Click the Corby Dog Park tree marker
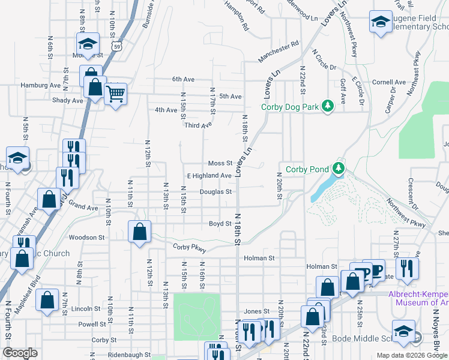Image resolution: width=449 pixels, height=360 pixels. (327, 107)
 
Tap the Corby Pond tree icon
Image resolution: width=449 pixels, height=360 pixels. (339, 169)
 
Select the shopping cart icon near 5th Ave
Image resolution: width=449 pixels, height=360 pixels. (115, 93)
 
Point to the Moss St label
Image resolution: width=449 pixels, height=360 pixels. (220, 163)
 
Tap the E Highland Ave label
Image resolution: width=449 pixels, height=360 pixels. (209, 176)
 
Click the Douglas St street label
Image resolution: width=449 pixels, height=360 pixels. (216, 192)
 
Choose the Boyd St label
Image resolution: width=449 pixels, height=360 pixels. (220, 224)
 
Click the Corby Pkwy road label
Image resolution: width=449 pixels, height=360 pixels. (190, 248)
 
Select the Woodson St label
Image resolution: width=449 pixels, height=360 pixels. (87, 238)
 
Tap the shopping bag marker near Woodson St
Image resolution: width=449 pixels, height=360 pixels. (139, 231)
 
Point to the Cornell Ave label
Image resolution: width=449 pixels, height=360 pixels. (389, 82)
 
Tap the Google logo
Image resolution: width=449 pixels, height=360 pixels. (20, 353)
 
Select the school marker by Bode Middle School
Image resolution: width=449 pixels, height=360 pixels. (403, 331)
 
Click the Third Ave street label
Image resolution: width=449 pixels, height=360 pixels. (199, 125)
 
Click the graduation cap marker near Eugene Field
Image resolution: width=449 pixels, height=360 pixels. (380, 22)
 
